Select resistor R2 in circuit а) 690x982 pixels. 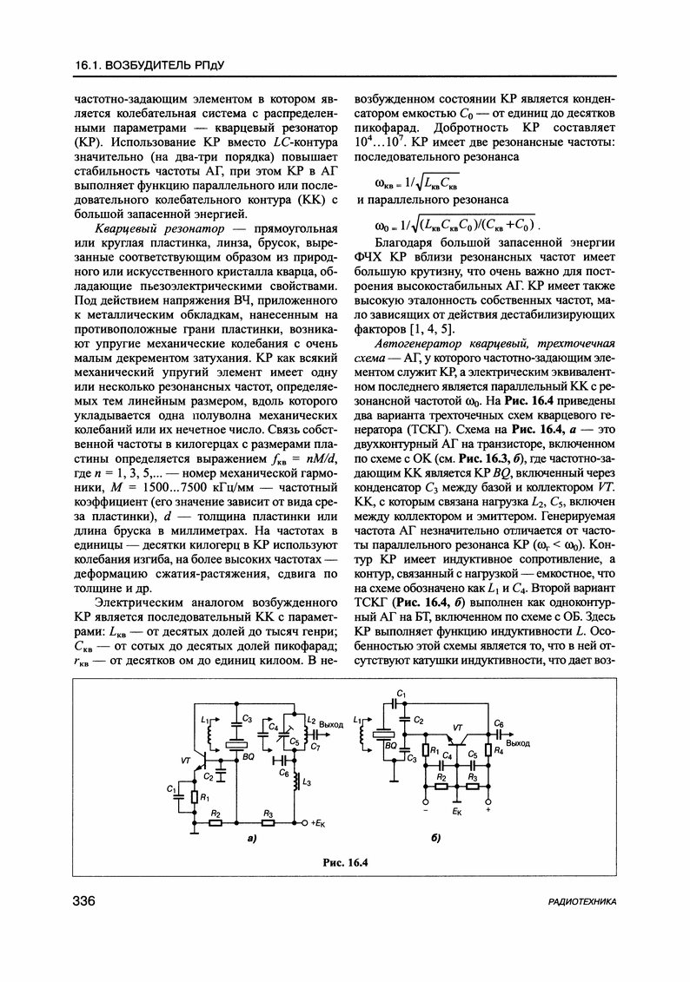pyautogui.click(x=216, y=821)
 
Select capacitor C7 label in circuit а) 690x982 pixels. pyautogui.click(x=315, y=748)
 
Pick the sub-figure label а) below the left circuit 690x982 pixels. pyautogui.click(x=250, y=839)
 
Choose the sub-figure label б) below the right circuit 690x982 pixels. pyautogui.click(x=435, y=839)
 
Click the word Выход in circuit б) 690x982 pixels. pyautogui.click(x=519, y=742)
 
